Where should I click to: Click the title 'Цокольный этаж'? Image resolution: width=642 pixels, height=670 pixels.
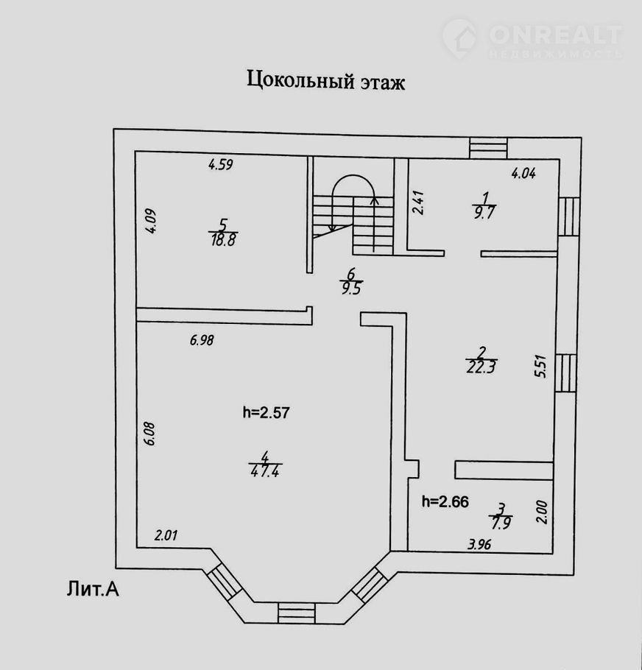[325, 80]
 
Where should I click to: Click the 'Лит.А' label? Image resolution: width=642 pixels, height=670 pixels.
[93, 588]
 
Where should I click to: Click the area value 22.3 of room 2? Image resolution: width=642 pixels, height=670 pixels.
[481, 367]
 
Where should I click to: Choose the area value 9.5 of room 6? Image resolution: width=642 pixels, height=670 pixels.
[350, 287]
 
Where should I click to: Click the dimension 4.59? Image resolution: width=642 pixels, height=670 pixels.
[220, 166]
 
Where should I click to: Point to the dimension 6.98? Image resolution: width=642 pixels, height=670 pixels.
[201, 340]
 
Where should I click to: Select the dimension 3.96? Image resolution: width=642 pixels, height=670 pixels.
[480, 546]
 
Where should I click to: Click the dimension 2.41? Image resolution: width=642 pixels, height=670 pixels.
[418, 202]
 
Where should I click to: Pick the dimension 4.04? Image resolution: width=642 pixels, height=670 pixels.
[523, 174]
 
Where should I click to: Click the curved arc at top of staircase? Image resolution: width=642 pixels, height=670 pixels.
[351, 186]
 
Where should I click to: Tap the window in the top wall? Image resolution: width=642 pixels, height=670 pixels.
[488, 147]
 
